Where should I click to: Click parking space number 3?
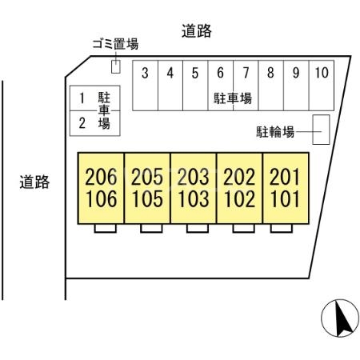pos(146,86)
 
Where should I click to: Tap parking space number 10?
pos(322,86)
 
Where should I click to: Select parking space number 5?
pos(195,86)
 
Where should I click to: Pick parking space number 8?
pos(271,86)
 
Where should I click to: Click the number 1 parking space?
pos(95,98)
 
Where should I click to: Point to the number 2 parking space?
pos(95,123)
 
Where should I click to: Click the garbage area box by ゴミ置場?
pos(116,66)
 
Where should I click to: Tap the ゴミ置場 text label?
pos(115,44)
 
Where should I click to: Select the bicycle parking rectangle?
pos(321,130)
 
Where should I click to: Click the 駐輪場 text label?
pos(275,132)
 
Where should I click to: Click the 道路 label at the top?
pos(197,31)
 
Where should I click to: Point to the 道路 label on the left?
pos(34,182)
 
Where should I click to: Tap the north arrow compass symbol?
pos(340,318)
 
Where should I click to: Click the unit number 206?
pos(101,177)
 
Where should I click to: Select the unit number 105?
pos(147,199)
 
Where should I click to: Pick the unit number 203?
pos(194,177)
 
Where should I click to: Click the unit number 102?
pos(239,199)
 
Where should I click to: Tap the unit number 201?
pos(284,177)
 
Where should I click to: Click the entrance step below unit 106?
pos(106,228)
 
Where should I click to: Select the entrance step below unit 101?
pos(282,228)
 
